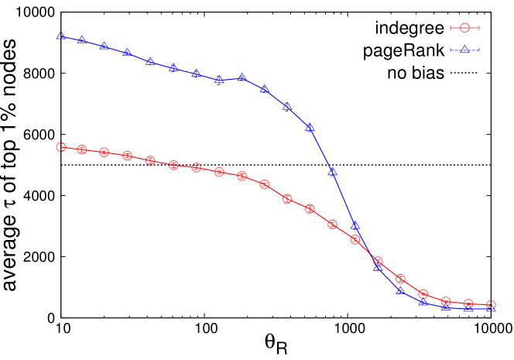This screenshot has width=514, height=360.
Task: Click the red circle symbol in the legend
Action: point(464,28)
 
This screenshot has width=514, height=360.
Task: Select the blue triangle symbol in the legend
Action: point(464,50)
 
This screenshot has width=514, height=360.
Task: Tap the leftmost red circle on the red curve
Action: point(60,147)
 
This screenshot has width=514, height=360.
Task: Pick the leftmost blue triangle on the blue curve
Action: point(60,36)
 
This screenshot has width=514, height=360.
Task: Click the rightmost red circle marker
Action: point(491,305)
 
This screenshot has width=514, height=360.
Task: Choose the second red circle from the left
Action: point(81,149)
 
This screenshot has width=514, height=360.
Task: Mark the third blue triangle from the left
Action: point(104,46)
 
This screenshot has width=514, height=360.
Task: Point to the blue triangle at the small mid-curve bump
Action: point(242,77)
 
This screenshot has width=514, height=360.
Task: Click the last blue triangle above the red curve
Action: point(355,225)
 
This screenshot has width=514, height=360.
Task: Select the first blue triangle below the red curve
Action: point(378,266)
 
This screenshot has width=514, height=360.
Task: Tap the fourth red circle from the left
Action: point(127,156)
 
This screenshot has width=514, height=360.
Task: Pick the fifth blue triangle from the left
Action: point(150,61)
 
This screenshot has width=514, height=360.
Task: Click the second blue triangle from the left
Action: point(81,39)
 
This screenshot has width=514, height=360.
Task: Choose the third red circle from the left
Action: point(104,152)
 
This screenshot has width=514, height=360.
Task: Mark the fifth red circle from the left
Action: point(150,160)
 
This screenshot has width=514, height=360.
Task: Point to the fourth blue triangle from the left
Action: point(127,53)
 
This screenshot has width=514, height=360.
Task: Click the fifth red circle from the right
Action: point(400,279)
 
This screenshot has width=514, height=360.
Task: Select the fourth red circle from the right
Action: point(423,294)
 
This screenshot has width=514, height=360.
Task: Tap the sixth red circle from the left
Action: point(173,165)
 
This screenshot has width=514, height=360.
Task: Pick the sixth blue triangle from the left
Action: point(173,67)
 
